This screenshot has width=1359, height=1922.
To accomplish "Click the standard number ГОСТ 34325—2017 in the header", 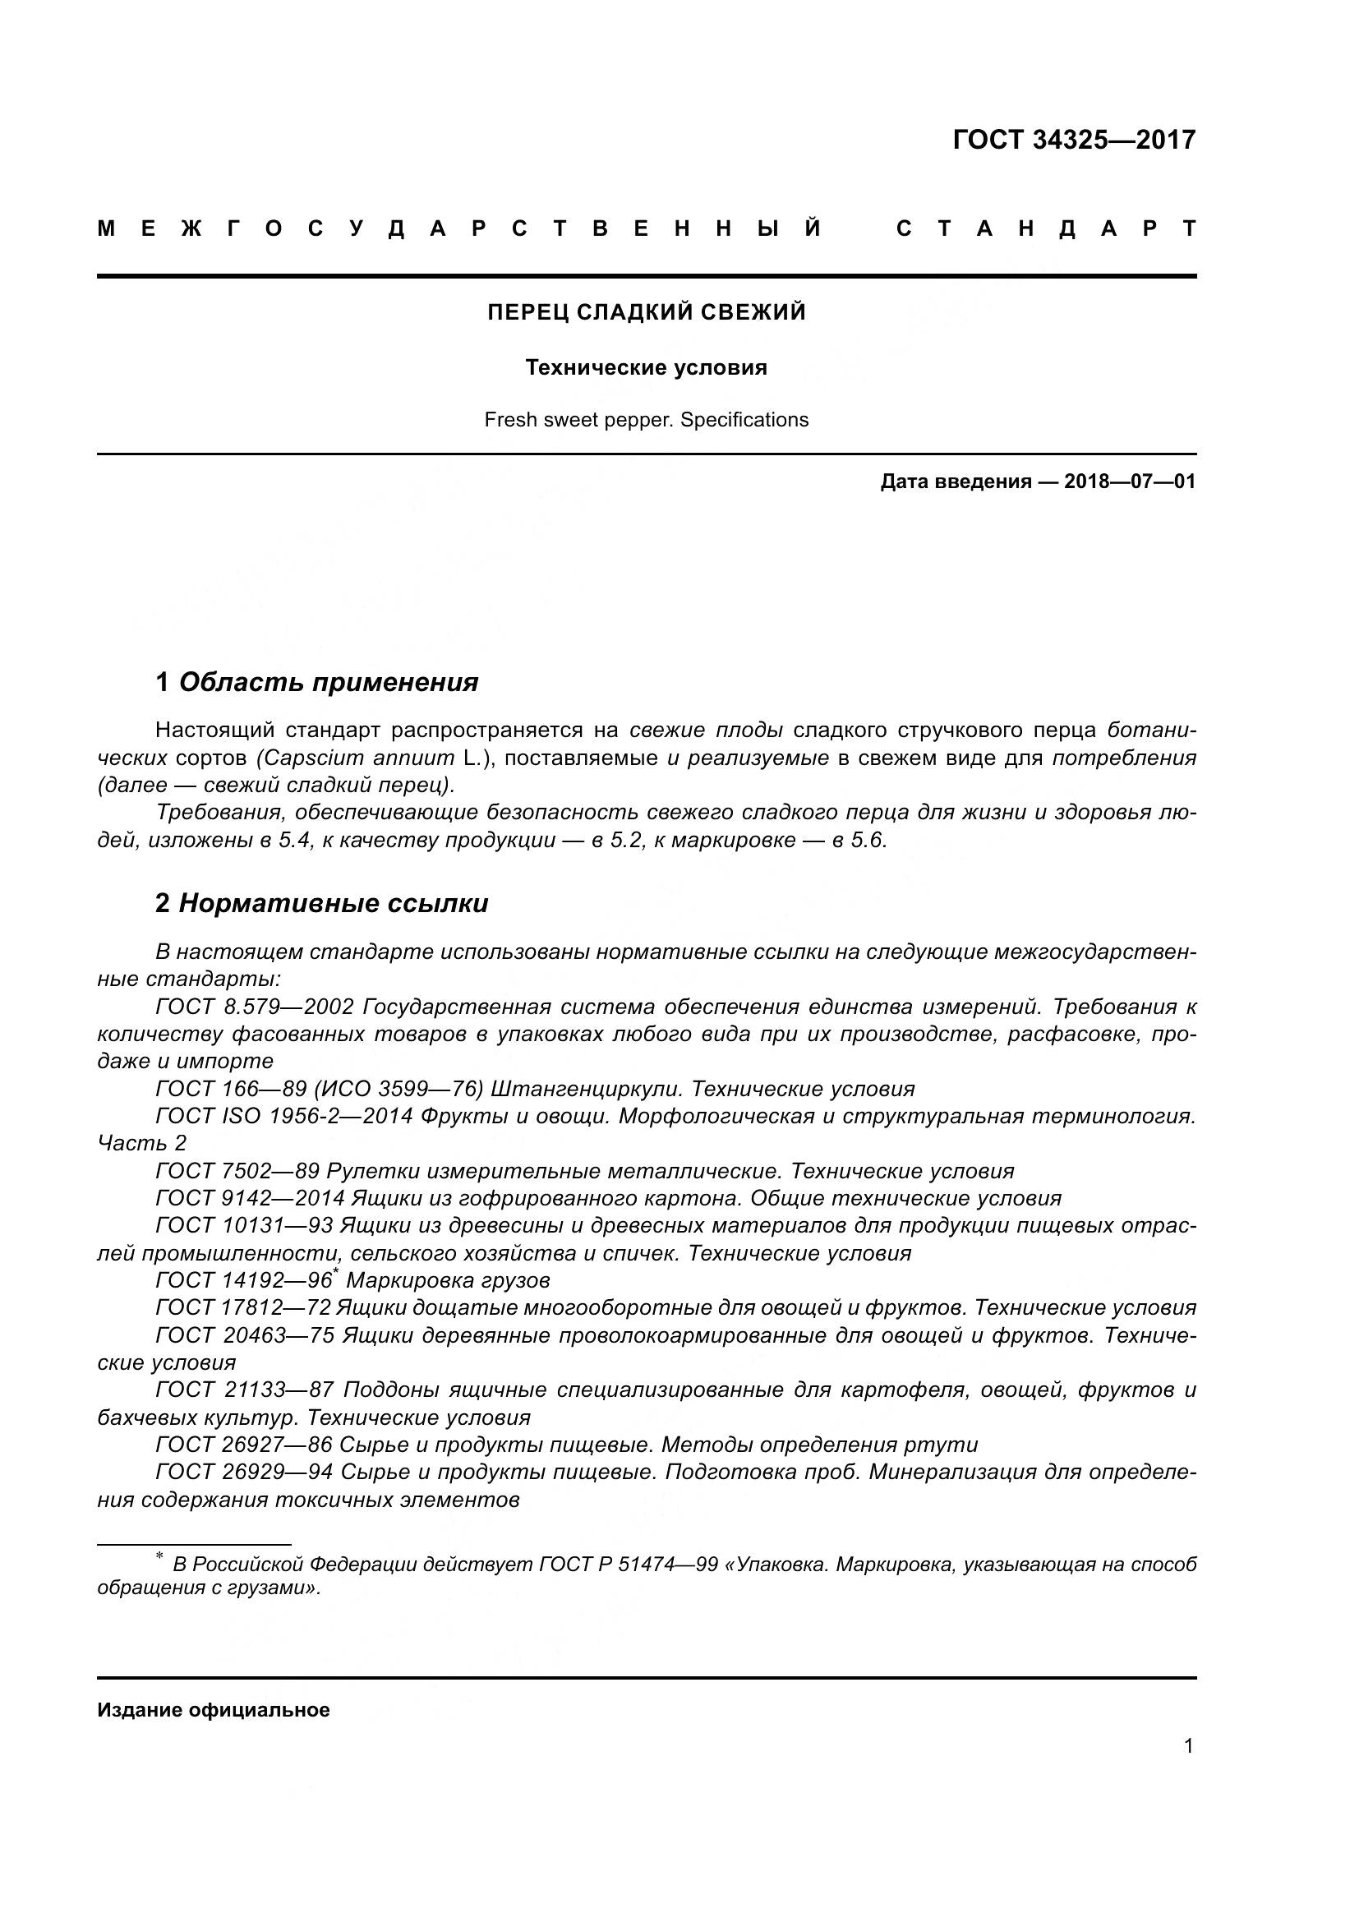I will click(x=1074, y=140).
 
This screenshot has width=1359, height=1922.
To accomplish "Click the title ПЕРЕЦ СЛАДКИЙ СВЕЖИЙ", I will click(x=646, y=312).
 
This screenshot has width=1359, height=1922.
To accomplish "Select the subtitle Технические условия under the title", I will click(x=646, y=367).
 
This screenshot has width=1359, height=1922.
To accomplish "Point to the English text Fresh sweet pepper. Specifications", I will click(x=646, y=419).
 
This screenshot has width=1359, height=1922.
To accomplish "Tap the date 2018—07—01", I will click(x=1129, y=482).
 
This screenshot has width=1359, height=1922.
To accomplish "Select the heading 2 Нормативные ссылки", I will click(x=321, y=903).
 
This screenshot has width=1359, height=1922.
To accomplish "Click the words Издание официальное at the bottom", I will click(x=214, y=1709).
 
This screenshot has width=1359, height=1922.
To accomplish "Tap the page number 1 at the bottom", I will click(x=1188, y=1745).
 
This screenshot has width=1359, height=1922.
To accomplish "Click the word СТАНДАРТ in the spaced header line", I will click(x=1046, y=228).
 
